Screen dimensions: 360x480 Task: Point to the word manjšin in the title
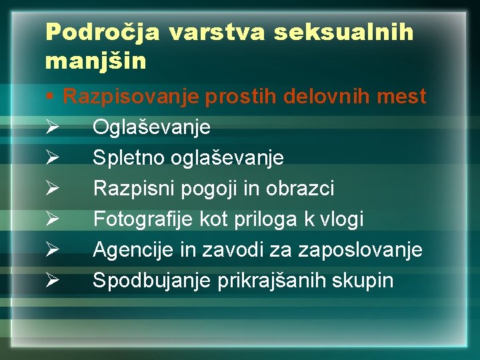pos(95,63)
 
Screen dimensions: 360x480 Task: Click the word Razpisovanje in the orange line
pos(131,97)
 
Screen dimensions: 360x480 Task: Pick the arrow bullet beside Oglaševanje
pos(55,127)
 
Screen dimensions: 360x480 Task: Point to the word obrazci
pos(299,189)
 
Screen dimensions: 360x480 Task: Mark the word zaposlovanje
pos(360,250)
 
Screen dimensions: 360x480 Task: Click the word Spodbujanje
pos(152,281)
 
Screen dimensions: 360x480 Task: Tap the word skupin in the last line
pos(363,281)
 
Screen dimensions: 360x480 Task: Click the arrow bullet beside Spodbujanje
pos(55,281)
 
